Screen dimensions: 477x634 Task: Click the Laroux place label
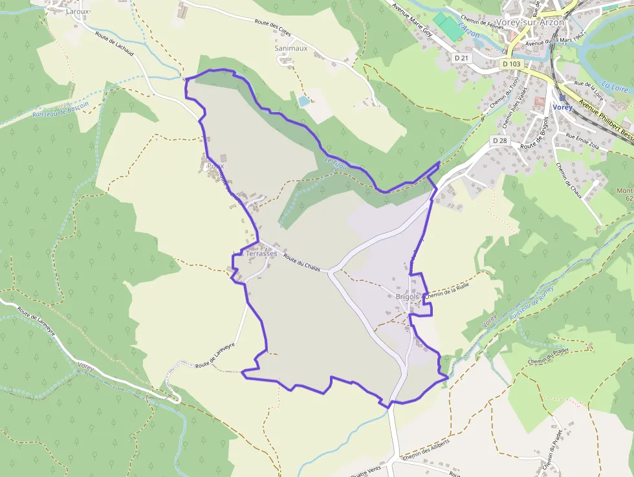pos(78,11)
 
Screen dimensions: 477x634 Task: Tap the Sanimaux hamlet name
pos(290,48)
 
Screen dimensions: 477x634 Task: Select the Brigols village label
pos(408,297)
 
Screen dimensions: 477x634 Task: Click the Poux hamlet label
pos(215,166)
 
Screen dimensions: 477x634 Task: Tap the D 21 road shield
pos(461,58)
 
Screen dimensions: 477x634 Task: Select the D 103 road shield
pos(511,64)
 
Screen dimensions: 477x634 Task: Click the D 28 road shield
pos(498,140)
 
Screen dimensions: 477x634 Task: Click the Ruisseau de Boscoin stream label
pos(60,108)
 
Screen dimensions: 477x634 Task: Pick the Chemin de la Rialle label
pos(446,289)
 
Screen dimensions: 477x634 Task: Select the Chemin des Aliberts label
pos(426,453)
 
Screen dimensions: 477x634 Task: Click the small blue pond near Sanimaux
pos(303,101)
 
